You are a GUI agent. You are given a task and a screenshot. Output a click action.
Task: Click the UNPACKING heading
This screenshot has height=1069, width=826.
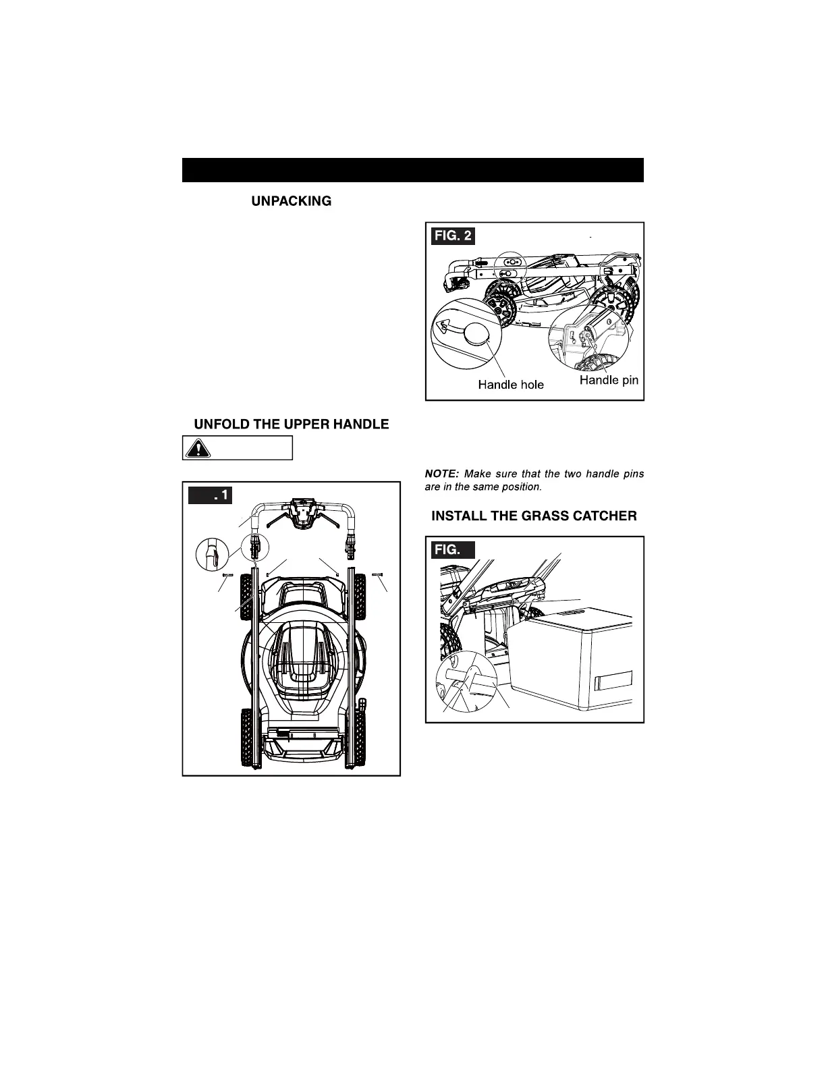[x=291, y=201]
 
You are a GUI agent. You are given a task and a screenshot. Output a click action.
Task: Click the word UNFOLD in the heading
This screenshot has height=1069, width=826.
[x=223, y=424]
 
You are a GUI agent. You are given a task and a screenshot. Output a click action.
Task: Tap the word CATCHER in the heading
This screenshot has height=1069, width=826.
[x=602, y=516]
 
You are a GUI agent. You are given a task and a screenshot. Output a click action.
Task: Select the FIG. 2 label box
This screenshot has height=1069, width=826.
[x=453, y=237]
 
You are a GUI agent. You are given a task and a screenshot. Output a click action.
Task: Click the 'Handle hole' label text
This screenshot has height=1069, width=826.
[x=511, y=385]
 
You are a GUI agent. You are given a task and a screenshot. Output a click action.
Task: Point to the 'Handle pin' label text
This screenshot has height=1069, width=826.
[x=609, y=380]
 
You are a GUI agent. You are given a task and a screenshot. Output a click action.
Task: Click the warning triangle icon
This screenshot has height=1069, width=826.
[x=197, y=448]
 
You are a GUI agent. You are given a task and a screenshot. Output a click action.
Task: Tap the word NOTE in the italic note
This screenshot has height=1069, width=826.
[x=441, y=474]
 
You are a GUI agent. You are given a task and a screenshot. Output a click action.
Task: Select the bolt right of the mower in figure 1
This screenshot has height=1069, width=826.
[x=378, y=574]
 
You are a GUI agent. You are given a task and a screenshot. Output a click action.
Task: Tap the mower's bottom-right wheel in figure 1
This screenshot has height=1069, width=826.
[x=358, y=737]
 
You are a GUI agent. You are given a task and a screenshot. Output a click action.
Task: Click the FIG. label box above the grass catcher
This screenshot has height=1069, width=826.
[x=450, y=550]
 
